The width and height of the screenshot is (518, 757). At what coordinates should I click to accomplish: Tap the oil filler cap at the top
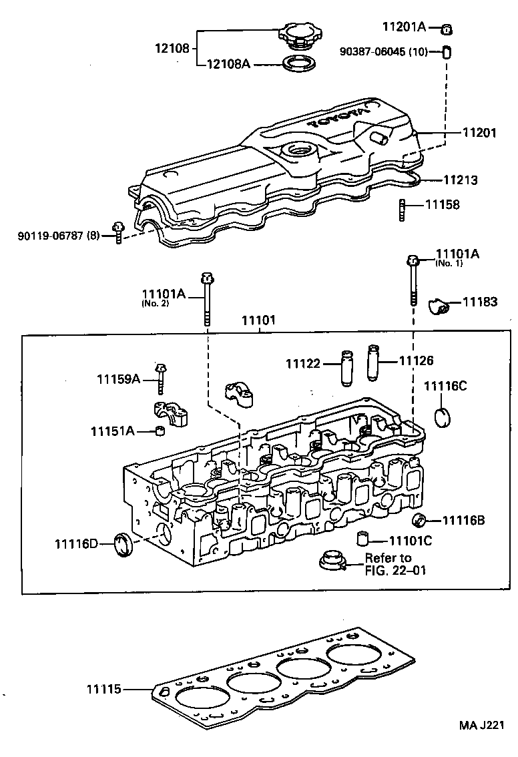click(296, 35)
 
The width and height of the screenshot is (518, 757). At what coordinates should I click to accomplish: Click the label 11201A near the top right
click(404, 27)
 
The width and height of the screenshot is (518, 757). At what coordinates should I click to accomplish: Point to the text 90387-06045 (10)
click(382, 51)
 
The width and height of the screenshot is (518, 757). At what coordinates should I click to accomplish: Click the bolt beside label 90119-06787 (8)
click(119, 232)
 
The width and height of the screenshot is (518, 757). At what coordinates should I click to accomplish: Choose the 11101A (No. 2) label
click(163, 294)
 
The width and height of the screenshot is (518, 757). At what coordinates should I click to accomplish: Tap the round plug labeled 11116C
click(444, 417)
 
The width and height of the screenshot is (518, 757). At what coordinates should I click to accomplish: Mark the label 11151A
click(113, 431)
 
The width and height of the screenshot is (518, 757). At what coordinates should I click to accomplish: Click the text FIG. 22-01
click(395, 571)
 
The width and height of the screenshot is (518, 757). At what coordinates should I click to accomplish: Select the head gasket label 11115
click(103, 688)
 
